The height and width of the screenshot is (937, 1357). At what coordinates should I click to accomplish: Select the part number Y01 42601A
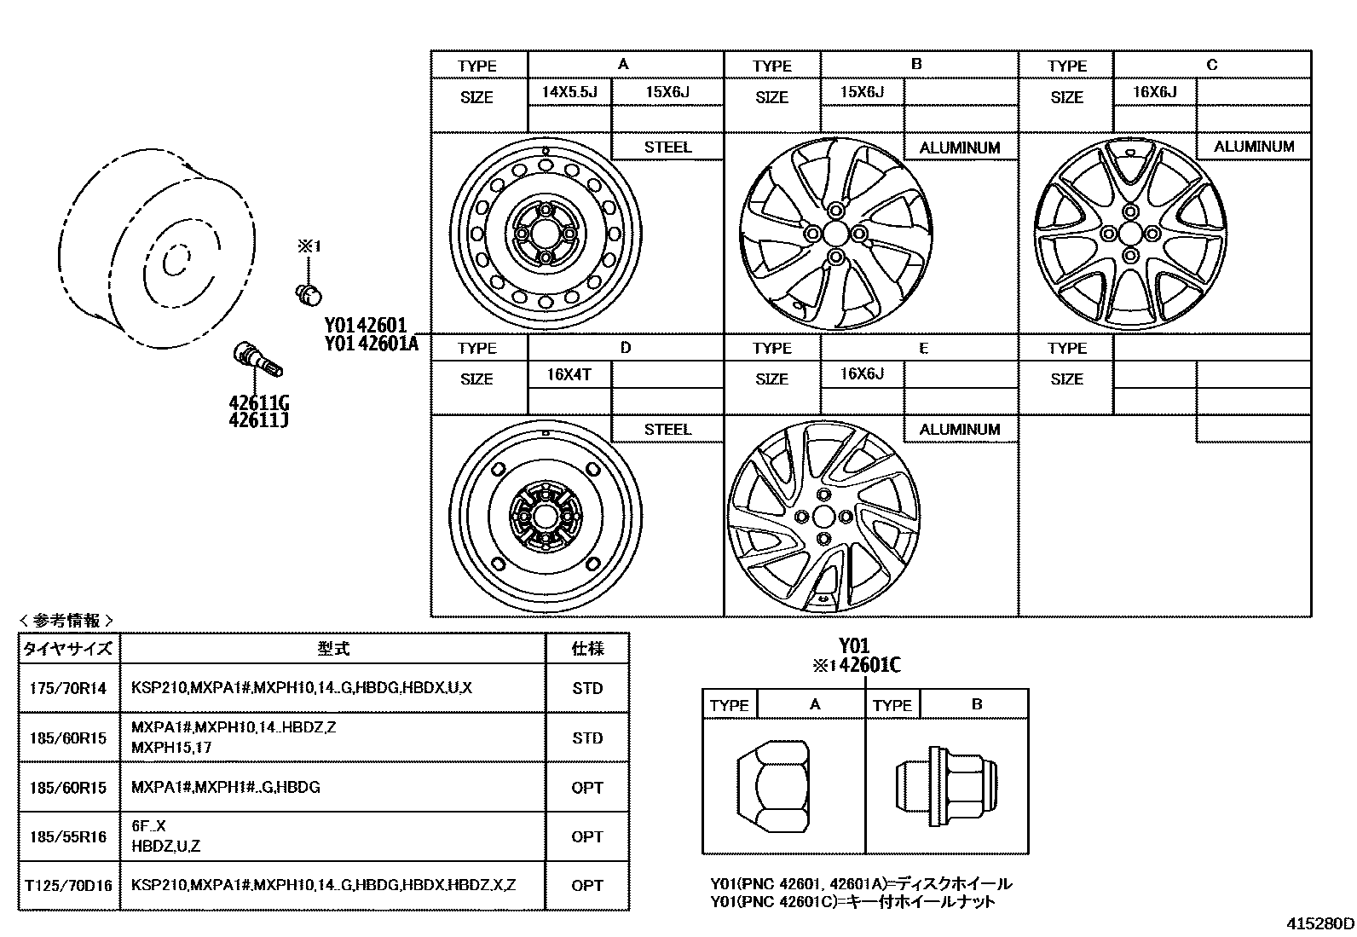click(371, 344)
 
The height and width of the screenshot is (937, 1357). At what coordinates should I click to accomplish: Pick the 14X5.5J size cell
click(569, 91)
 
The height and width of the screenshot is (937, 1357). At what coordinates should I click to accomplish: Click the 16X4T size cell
click(569, 374)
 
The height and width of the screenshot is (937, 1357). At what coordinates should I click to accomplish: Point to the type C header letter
click(1211, 65)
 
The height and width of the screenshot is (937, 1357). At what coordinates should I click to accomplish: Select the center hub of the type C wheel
click(1130, 233)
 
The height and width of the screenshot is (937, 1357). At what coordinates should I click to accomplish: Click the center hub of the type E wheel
click(823, 516)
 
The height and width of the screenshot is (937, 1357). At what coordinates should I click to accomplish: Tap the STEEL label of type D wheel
click(667, 429)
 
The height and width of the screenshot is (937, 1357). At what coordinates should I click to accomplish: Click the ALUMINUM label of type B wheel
click(959, 147)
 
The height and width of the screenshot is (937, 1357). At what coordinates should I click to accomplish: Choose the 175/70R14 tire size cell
click(68, 688)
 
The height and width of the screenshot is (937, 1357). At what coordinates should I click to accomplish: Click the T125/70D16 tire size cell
click(68, 885)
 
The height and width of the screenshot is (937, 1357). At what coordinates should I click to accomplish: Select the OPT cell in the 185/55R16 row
click(587, 836)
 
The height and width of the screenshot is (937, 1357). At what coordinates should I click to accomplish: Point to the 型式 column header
click(333, 649)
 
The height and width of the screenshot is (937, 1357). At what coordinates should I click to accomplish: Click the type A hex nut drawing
click(772, 785)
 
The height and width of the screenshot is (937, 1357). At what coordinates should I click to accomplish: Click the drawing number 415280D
click(1319, 923)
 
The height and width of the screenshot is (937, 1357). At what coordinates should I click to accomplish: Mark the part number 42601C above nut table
click(869, 666)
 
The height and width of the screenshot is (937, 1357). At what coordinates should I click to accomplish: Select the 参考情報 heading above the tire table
click(66, 621)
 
